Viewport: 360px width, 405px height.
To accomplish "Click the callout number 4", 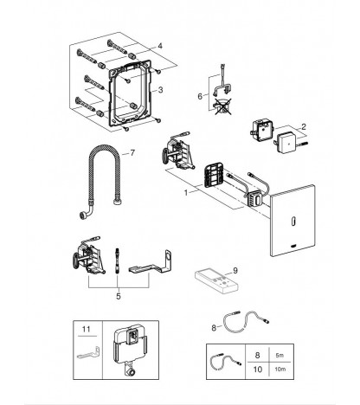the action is [x=160, y=46].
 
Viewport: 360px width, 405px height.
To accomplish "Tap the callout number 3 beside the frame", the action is [x=160, y=90].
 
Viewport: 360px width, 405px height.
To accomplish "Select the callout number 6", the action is [x=200, y=96].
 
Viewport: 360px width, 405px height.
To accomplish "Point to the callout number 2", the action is [x=303, y=126].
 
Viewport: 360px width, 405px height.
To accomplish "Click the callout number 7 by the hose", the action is [x=132, y=153].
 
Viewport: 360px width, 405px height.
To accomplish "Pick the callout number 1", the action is [x=186, y=192].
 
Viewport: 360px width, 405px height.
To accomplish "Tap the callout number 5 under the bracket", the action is [x=119, y=296].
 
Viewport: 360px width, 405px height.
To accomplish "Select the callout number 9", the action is [x=235, y=271].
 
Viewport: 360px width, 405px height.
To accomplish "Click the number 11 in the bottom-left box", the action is [x=87, y=329].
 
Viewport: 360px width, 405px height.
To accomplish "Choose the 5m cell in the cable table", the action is [x=280, y=356].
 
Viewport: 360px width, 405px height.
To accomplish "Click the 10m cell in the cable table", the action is [x=280, y=369].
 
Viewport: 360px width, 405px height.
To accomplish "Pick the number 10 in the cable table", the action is [x=257, y=370].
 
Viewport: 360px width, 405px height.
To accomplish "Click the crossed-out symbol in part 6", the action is [x=222, y=106].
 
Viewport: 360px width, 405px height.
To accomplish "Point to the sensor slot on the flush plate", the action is [x=293, y=222].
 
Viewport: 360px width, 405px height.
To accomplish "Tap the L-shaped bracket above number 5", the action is [x=151, y=263].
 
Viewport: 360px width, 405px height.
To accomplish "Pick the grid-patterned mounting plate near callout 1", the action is [x=214, y=176].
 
